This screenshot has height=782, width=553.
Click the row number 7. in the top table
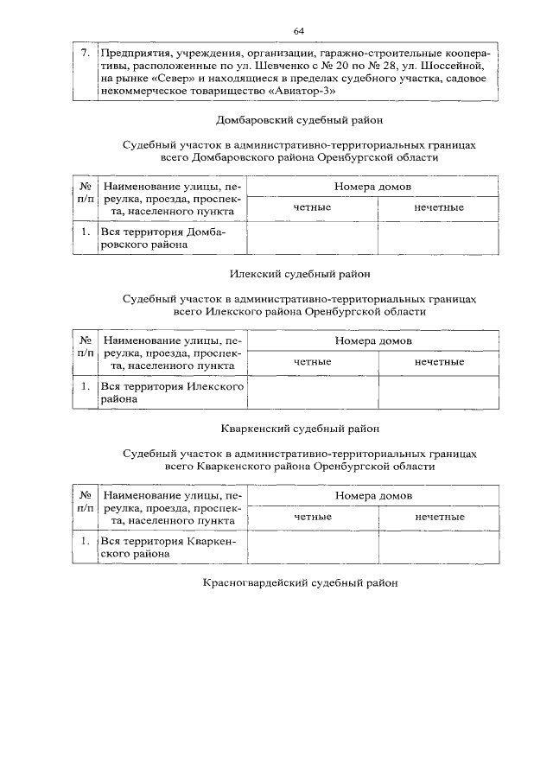[x=84, y=54]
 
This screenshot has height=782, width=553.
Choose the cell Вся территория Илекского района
[x=171, y=393]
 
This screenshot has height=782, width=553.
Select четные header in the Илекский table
[x=313, y=361]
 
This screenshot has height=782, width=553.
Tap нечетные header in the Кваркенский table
[x=439, y=516]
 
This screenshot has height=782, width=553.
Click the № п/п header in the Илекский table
[x=86, y=347]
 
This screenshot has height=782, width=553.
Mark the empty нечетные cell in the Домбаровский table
[x=438, y=238]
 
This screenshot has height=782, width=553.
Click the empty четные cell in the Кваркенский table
[x=313, y=547]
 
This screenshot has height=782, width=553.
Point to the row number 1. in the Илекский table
[x=86, y=387]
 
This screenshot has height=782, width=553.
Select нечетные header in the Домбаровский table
[x=438, y=207]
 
